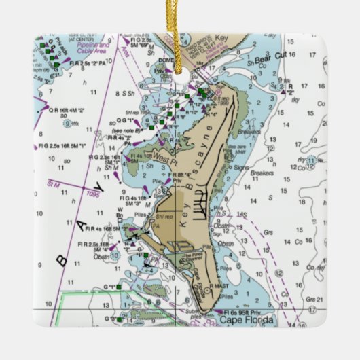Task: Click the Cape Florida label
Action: (x=246, y=319)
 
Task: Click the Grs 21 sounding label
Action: (x=312, y=300)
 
